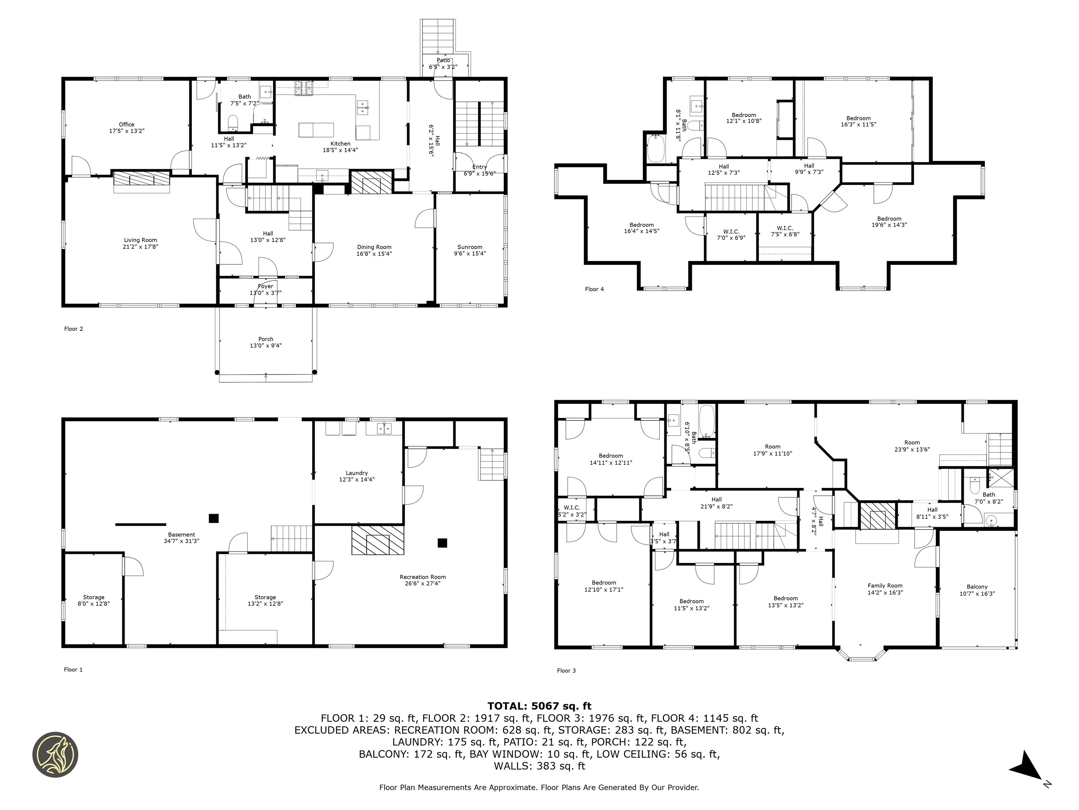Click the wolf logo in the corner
point(55,754)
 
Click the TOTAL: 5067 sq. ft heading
point(539,706)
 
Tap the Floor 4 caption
point(594,289)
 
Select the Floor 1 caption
point(73,669)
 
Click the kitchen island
point(316,130)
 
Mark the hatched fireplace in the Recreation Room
point(378,540)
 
